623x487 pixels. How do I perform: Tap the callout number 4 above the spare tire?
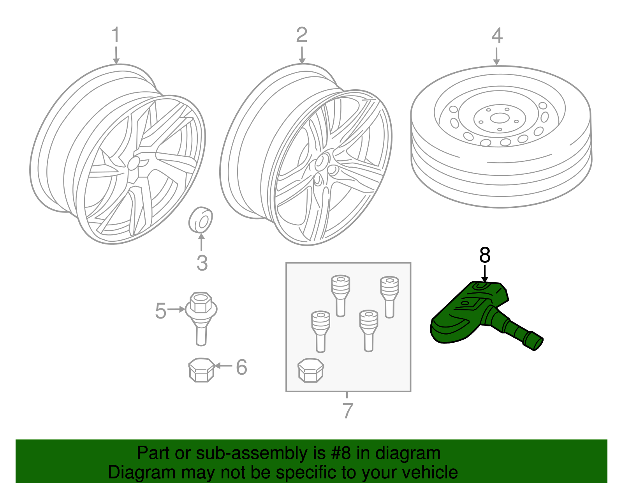click(x=497, y=36)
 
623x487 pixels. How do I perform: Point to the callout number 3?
click(x=202, y=263)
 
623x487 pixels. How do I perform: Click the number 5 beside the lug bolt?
click(x=160, y=311)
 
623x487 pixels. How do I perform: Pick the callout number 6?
click(x=241, y=367)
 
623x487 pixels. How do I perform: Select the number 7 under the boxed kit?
click(x=347, y=410)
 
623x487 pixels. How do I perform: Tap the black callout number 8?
click(x=485, y=255)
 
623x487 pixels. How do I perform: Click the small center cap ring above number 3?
click(x=201, y=220)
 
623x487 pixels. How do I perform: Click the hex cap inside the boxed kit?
click(x=310, y=370)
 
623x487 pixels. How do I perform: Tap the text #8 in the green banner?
click(x=341, y=453)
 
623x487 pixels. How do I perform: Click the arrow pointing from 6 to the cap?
click(x=224, y=366)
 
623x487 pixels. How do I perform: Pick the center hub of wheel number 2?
click(x=322, y=161)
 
